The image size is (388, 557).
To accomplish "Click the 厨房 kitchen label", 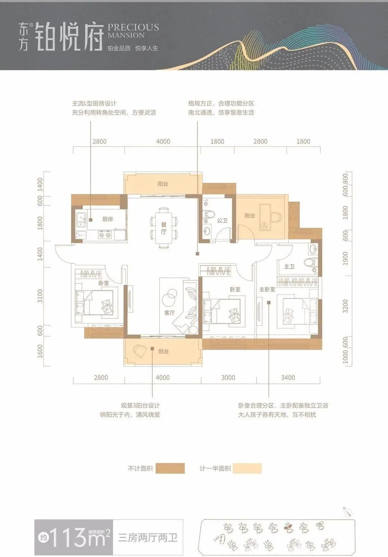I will click(107, 219).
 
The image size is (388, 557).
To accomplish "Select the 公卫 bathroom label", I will click(222, 220).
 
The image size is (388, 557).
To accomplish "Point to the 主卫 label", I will click(289, 266).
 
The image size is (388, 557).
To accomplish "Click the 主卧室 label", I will click(267, 289).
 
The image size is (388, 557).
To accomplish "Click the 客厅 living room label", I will click(169, 313).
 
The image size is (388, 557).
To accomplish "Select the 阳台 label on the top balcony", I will click(163, 184).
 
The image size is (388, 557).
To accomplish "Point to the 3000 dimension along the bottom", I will click(228, 378).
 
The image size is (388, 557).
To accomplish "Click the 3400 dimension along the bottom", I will click(288, 378).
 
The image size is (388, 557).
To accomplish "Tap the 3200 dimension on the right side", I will click(345, 306).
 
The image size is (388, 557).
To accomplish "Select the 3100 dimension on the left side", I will click(40, 296).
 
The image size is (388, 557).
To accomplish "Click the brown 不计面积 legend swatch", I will click(170, 468).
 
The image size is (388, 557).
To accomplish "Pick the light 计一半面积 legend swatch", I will click(247, 468).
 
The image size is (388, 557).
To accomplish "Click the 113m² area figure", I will click(77, 538).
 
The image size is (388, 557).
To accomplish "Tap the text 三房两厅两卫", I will click(148, 538).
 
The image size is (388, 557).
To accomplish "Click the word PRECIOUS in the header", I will click(133, 27).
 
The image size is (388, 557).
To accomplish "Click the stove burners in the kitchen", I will click(105, 235).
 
